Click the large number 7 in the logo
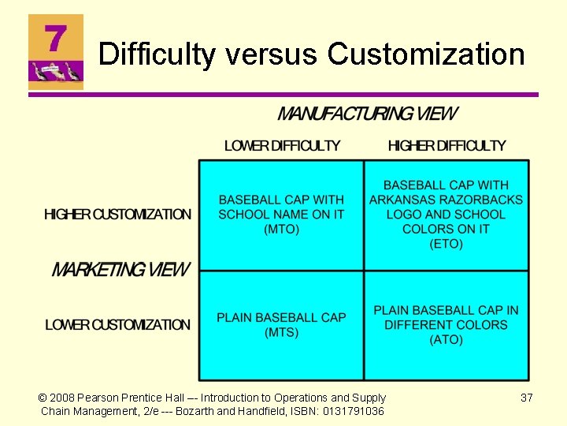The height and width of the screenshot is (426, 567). click(x=54, y=38)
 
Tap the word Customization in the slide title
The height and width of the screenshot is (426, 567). click(x=426, y=54)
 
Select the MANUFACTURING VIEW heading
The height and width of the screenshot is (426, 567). click(x=366, y=114)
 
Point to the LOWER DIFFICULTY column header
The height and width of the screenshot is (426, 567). click(x=282, y=146)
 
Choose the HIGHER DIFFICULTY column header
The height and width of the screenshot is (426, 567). click(x=447, y=146)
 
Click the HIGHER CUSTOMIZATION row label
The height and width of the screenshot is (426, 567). click(x=118, y=215)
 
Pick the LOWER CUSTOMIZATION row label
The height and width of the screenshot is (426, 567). click(x=118, y=325)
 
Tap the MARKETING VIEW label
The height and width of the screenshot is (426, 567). click(x=120, y=270)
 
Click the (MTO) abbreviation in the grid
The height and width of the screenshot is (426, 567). click(x=281, y=230)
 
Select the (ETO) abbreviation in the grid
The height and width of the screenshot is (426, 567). click(x=446, y=244)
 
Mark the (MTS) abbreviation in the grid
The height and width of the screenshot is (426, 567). click(x=281, y=332)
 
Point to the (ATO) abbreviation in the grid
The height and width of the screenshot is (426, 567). click(x=446, y=339)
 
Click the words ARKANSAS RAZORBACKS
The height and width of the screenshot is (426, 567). click(x=446, y=200)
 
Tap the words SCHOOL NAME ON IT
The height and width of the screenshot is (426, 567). click(x=281, y=215)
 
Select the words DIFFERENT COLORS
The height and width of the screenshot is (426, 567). click(x=446, y=325)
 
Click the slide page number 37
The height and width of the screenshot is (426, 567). click(x=527, y=398)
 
